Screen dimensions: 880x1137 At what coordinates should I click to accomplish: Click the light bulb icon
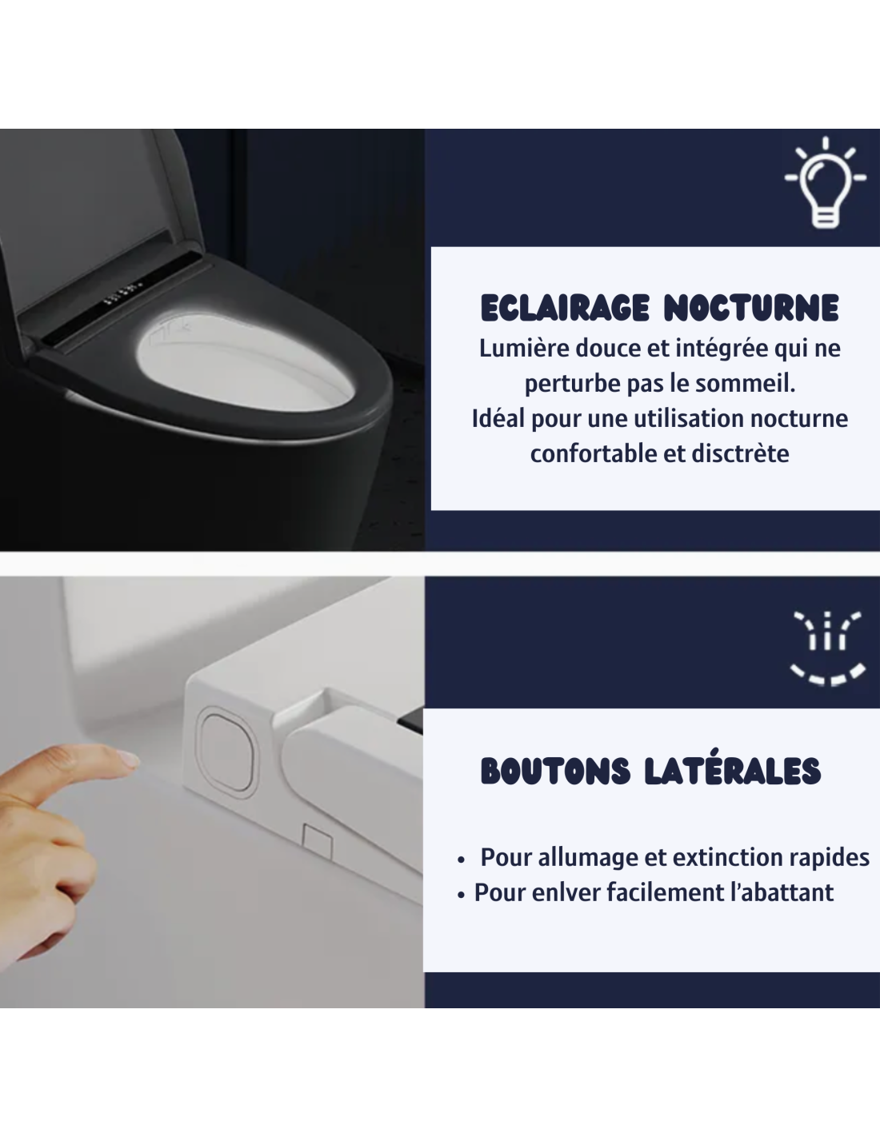[x=825, y=182]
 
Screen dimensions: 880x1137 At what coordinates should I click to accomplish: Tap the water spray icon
[x=827, y=648]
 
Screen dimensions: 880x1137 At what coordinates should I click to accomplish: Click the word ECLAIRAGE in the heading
[x=565, y=308]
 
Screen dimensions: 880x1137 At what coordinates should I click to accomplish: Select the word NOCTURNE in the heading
[x=751, y=308]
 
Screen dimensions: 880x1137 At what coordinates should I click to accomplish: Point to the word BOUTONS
[x=555, y=771]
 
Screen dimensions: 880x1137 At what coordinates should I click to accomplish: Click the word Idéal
[x=498, y=419]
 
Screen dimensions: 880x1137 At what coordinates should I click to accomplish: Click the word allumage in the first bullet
[x=587, y=858]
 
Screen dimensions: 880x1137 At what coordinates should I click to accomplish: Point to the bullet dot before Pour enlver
[x=461, y=895]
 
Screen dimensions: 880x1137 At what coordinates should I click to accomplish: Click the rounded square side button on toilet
[x=226, y=752]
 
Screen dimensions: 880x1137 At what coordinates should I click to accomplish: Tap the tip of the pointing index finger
[x=136, y=760]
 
